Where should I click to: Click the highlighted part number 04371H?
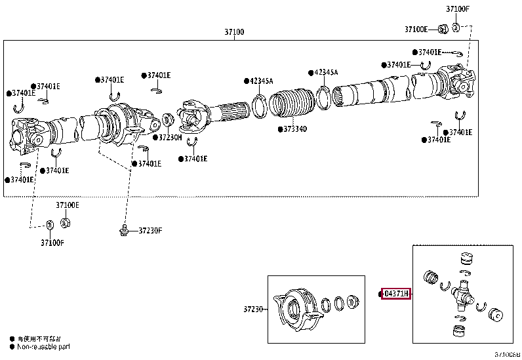click(x=396, y=293)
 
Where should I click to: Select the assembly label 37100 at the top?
click(x=234, y=31)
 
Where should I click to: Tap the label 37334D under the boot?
click(x=292, y=129)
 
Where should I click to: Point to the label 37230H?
click(x=170, y=138)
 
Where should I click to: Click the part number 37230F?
click(x=150, y=230)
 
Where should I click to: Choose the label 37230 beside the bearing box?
click(x=253, y=309)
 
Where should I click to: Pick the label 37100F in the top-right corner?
click(x=458, y=9)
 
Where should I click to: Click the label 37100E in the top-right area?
click(x=416, y=29)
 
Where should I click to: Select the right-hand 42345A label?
click(x=325, y=72)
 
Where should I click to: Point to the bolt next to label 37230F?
click(x=123, y=230)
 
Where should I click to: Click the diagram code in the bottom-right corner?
click(x=507, y=355)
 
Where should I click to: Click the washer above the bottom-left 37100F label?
click(x=50, y=226)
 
